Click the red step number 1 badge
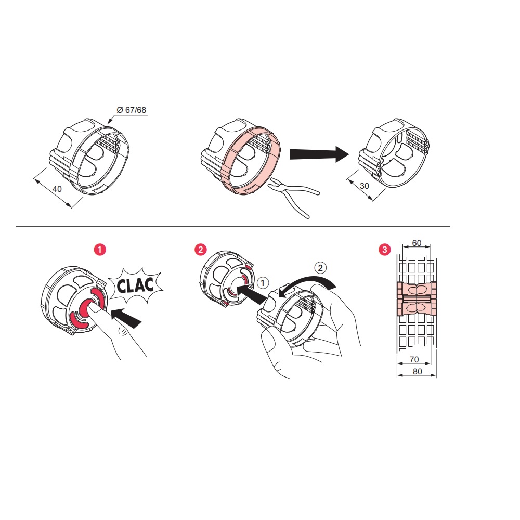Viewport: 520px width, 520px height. [100, 250]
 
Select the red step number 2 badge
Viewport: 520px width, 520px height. [200, 250]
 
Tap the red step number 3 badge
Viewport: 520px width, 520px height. [384, 250]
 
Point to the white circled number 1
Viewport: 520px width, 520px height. [263, 282]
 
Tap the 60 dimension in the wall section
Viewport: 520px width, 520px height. [416, 243]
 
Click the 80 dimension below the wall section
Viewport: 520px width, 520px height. [416, 371]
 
